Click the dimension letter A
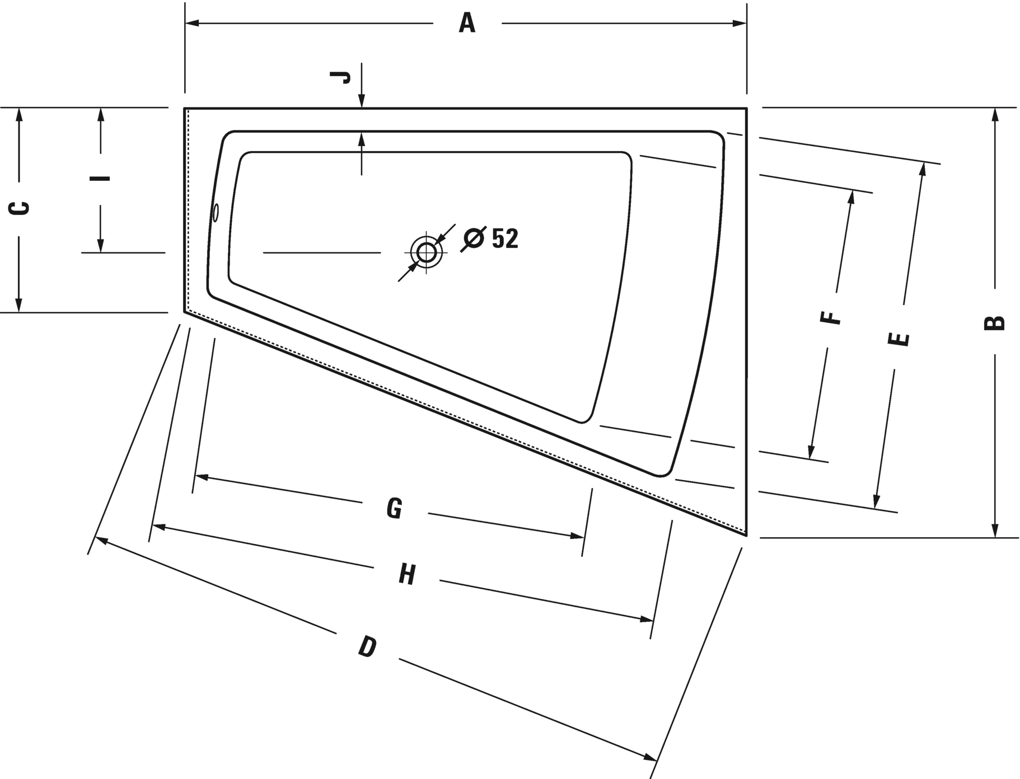[x=467, y=24]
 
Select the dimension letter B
[x=994, y=323]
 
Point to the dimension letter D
[x=367, y=646]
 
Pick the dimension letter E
[x=899, y=339]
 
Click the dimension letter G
[x=394, y=508]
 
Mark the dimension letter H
[x=407, y=574]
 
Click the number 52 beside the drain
[x=505, y=238]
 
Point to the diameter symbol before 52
[x=474, y=238]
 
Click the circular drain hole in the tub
[x=426, y=252]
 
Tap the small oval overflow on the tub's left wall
[x=216, y=213]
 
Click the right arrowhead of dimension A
[x=740, y=24]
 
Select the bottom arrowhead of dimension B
[x=995, y=531]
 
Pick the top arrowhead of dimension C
[x=19, y=115]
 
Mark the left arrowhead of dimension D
[x=102, y=540]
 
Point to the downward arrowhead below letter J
[x=362, y=100]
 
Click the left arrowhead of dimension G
[x=201, y=477]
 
